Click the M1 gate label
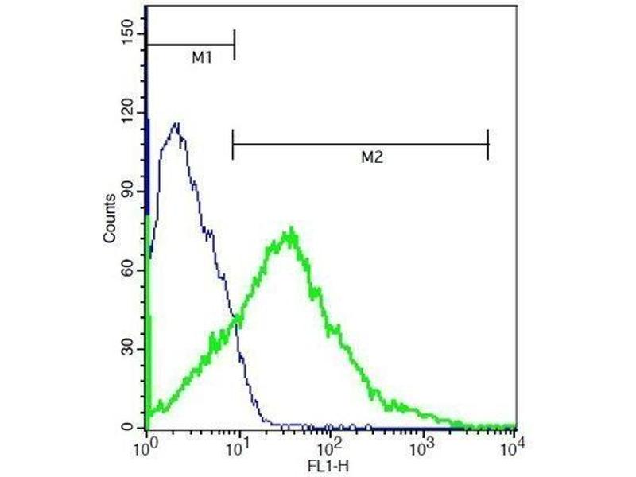[x=201, y=58]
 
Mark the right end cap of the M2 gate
[x=487, y=144]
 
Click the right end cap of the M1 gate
[x=235, y=45]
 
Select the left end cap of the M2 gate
[x=232, y=144]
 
